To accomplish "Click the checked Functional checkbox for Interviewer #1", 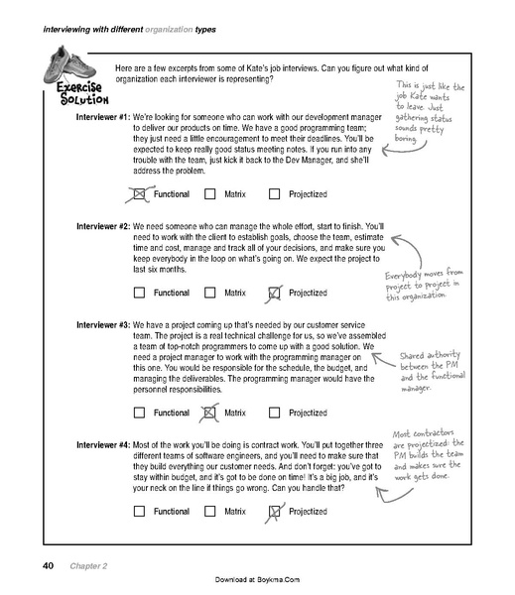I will (x=139, y=193).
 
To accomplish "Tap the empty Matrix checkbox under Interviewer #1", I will (x=209, y=193).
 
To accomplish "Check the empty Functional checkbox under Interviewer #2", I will (x=139, y=293).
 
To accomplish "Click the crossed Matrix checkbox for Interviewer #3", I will (x=209, y=412).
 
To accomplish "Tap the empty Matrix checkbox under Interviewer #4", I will (x=209, y=512).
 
